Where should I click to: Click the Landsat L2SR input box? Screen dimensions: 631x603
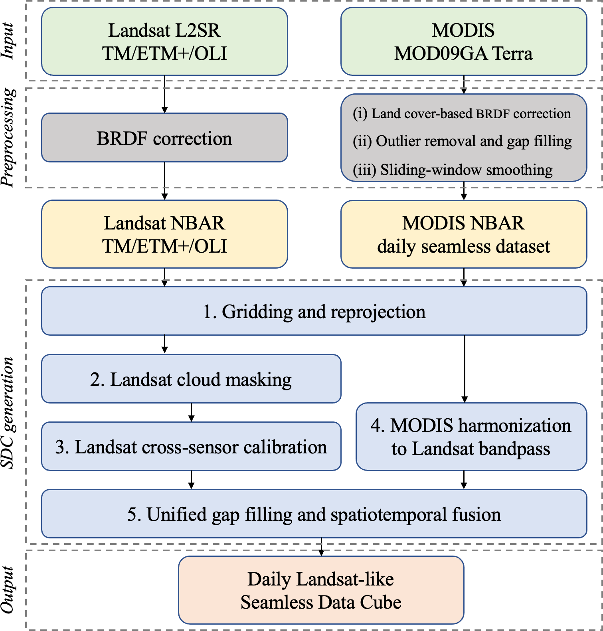164,42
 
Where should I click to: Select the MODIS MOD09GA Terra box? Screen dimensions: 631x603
463,42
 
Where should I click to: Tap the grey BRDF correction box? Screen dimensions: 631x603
164,138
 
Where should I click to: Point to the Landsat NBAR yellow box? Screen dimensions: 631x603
164,234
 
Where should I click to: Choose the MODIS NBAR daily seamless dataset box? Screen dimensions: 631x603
463,234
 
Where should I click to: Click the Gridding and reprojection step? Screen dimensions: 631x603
314,311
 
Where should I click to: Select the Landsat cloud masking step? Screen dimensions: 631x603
191,379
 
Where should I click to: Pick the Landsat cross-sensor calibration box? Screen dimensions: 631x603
191,447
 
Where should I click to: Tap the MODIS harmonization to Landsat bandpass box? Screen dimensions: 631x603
471,437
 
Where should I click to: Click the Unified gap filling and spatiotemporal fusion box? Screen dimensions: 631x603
314,514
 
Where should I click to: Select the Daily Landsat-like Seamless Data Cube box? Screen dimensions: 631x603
321,590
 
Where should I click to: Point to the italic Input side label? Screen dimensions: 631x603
8,41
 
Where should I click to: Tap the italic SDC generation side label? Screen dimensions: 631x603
8,412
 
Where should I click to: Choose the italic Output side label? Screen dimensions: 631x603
8,589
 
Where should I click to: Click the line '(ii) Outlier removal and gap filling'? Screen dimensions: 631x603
462,141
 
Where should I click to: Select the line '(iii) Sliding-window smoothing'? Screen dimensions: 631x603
453,170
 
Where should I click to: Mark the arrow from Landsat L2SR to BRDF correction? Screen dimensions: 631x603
164,94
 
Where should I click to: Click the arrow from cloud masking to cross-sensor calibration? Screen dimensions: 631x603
191,412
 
